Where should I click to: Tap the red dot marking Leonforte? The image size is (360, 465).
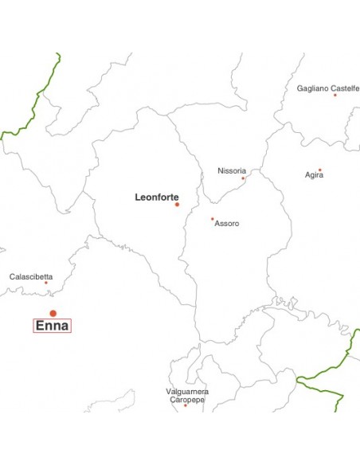click(177, 205)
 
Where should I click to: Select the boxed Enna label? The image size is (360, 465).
click(53, 326)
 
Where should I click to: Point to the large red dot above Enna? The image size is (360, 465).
click(53, 313)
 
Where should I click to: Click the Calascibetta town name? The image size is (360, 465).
click(31, 277)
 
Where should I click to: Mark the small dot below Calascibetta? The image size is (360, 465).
click(45, 283)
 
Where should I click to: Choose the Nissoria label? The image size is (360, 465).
click(232, 170)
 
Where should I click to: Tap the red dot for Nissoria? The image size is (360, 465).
click(243, 178)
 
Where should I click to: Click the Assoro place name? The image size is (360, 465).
click(227, 224)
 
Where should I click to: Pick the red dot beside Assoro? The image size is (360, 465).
click(212, 219)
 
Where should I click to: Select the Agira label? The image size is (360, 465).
click(314, 175)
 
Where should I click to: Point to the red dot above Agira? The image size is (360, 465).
click(320, 169)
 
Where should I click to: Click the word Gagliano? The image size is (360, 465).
click(313, 88)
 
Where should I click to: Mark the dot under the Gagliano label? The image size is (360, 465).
click(335, 96)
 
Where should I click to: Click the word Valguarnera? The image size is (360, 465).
click(187, 392)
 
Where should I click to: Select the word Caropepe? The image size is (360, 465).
click(187, 400)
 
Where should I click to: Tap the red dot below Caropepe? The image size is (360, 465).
click(186, 406)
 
